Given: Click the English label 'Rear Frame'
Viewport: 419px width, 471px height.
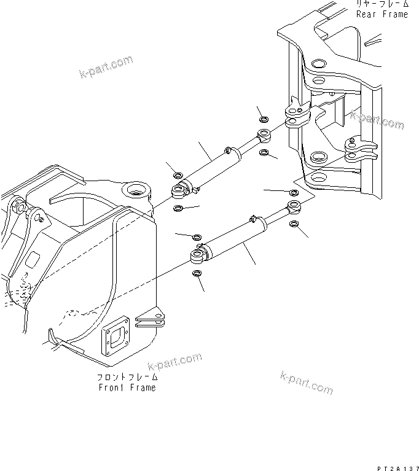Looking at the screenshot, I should coord(382,14).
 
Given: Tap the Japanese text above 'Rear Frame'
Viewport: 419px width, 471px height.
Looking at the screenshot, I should coord(382,4).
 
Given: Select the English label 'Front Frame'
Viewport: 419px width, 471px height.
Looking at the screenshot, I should coord(127,387).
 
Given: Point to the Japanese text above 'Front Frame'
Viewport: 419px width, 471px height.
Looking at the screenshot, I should coord(127,377).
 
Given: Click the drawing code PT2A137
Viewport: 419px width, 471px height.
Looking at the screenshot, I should coord(394,466).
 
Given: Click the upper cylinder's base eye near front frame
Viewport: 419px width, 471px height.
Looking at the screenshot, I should coord(179,193).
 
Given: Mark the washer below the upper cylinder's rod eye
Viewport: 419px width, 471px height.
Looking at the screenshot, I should coord(264,152).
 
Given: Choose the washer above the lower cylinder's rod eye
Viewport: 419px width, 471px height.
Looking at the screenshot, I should coord(294,193).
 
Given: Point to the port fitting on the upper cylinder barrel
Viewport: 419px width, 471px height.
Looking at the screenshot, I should coord(227,149).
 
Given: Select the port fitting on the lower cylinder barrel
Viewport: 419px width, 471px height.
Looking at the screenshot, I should coord(252,217).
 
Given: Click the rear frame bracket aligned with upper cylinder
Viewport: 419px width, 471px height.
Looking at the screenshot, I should coord(297,114).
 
